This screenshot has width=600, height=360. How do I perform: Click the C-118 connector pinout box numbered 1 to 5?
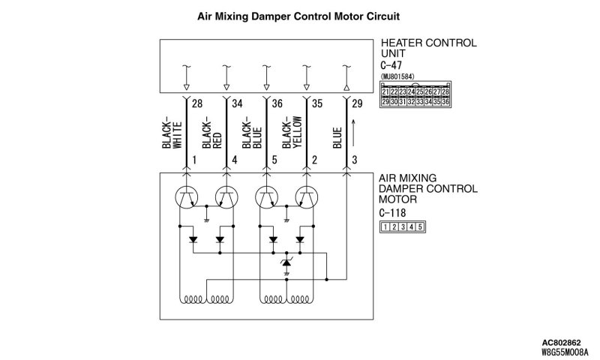403,226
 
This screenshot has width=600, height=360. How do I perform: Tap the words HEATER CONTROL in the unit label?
428,43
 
